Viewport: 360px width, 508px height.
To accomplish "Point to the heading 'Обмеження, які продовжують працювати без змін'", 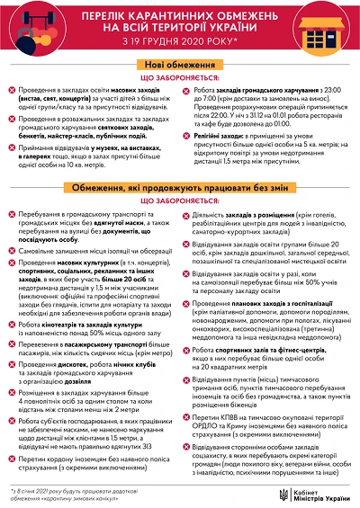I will pos(180,185).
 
